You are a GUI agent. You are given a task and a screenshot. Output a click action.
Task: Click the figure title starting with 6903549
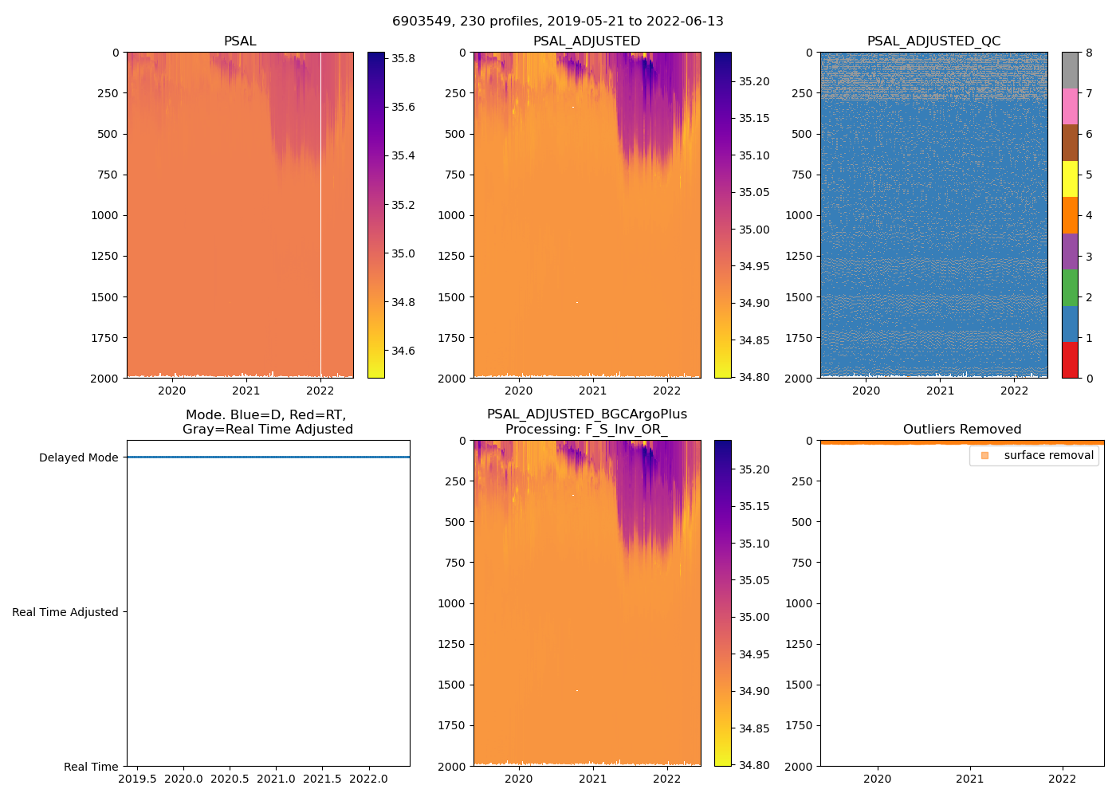coord(558,22)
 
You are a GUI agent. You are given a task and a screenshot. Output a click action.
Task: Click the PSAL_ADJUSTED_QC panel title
coord(933,41)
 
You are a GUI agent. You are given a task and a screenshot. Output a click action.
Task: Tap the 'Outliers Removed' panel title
coord(961,430)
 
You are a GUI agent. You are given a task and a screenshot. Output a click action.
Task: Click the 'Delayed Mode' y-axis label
coord(78,457)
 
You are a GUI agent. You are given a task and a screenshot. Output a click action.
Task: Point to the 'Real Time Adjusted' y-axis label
coord(65,612)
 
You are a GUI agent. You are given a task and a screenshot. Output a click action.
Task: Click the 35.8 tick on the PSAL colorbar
coord(403,58)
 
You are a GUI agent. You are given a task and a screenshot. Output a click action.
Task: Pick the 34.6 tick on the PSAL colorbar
coord(403,351)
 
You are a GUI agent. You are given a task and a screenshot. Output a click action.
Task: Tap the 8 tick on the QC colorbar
coord(1089,53)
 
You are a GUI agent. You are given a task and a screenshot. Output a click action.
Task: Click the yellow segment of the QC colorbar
coord(1070,179)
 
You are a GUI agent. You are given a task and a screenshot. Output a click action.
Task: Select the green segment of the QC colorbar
coord(1070,288)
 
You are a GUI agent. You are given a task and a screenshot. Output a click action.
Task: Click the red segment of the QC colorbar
coord(1070,360)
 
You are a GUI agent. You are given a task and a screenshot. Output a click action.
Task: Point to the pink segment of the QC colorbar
coord(1070,106)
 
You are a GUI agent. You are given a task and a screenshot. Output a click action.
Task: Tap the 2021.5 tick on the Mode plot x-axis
coord(322,778)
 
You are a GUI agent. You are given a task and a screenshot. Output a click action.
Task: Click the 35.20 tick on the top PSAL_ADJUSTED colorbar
coord(753,81)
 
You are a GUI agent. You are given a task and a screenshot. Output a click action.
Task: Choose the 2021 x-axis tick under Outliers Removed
coord(970,778)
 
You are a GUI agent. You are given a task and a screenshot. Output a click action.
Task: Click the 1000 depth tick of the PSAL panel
coord(105,215)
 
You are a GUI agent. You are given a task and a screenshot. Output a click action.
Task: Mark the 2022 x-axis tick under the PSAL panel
coord(320,390)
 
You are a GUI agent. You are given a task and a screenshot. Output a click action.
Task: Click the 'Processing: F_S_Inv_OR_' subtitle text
coord(587,430)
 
